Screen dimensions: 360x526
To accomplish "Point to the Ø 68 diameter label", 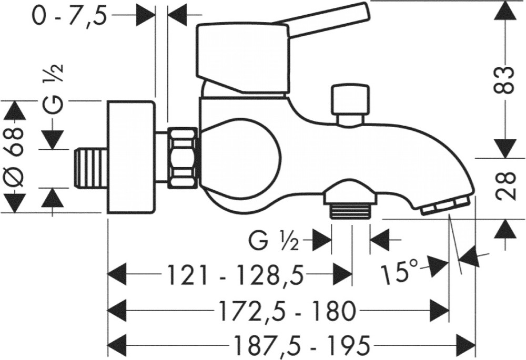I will coord(16,156).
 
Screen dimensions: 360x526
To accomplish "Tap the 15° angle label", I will coord(402,273).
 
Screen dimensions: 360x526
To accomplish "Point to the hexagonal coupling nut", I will coord(183,157).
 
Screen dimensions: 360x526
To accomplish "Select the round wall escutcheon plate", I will coord(131,157).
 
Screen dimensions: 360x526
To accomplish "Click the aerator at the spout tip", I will coord(444,206).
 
